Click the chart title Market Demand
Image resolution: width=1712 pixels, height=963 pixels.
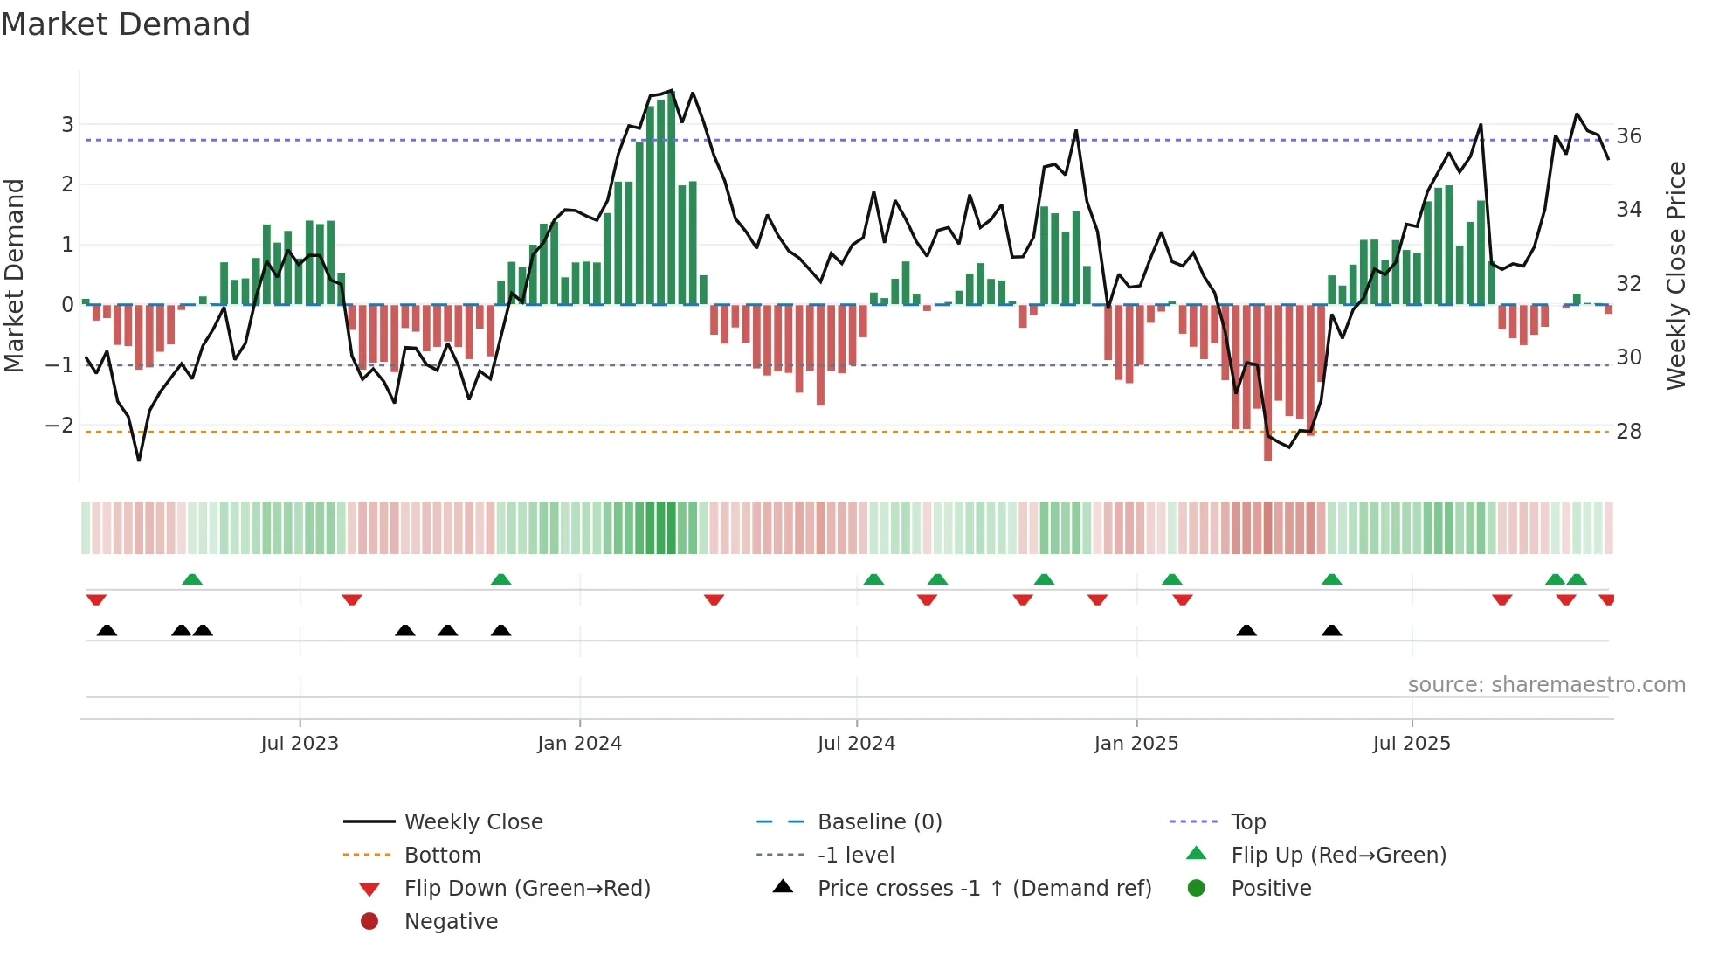[x=126, y=24]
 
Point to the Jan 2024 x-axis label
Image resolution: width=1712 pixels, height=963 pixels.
[x=579, y=744]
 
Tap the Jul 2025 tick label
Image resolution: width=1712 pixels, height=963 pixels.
[x=1411, y=744]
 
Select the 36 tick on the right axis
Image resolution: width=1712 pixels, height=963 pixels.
[x=1628, y=136]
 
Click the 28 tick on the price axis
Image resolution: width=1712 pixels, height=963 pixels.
[x=1628, y=432]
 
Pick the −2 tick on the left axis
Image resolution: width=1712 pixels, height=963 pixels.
[x=59, y=426]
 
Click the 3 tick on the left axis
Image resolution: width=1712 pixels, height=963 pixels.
[x=67, y=125]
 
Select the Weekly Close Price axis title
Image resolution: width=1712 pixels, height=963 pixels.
[x=1675, y=275]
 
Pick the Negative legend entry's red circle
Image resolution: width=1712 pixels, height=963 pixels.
[x=369, y=922]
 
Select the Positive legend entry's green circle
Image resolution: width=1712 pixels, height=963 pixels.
[x=1197, y=889]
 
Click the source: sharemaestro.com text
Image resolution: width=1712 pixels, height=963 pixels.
[x=1546, y=685]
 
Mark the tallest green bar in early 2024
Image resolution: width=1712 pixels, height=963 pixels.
[x=671, y=197]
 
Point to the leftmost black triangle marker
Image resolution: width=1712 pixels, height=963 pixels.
[x=107, y=630]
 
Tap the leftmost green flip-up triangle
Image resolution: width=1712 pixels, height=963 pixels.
[x=192, y=578]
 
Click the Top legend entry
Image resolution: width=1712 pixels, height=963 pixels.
[x=1247, y=822]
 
